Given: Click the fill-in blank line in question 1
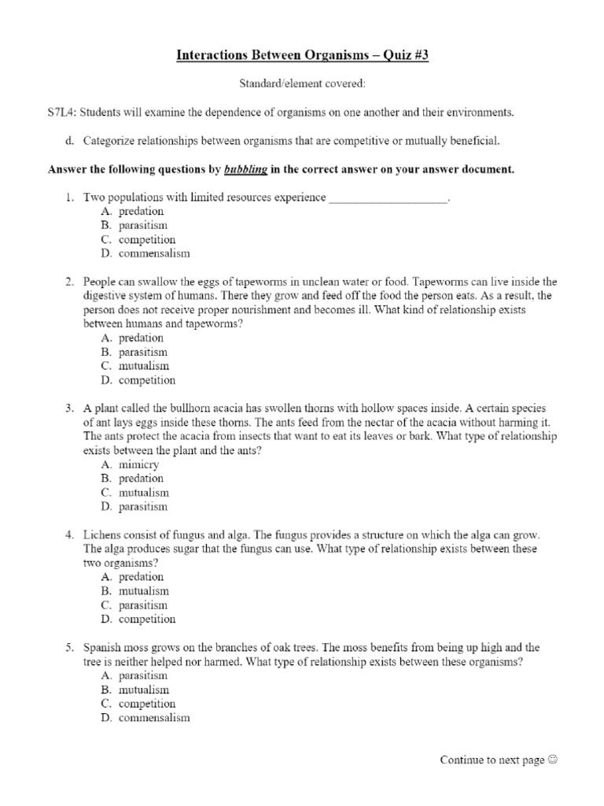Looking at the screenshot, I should (x=388, y=198).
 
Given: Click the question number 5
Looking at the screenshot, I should (x=69, y=648).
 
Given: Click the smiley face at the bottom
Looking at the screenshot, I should (x=553, y=760).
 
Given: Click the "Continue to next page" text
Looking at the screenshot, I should (x=492, y=760).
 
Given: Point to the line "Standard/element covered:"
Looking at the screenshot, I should (x=302, y=84).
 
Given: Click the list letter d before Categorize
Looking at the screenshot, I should (x=69, y=141).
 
